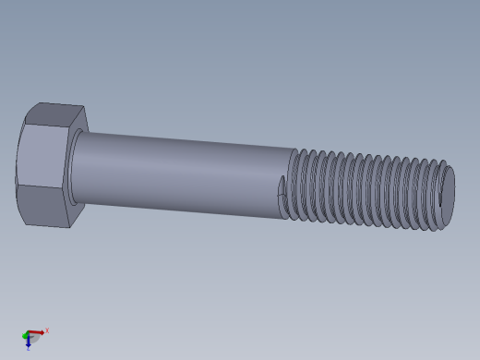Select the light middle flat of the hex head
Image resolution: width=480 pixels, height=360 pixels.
[40, 159]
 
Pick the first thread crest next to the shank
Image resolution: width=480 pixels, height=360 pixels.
[294, 185]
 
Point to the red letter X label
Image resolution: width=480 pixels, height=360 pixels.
[47, 330]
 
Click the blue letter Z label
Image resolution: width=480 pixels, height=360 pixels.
[28, 349]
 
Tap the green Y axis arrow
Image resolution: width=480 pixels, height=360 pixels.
[25, 335]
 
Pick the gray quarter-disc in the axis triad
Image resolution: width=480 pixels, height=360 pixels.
[34, 339]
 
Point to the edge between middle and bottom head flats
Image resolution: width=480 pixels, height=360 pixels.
[42, 187]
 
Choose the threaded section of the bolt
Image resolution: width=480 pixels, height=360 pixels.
[369, 189]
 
